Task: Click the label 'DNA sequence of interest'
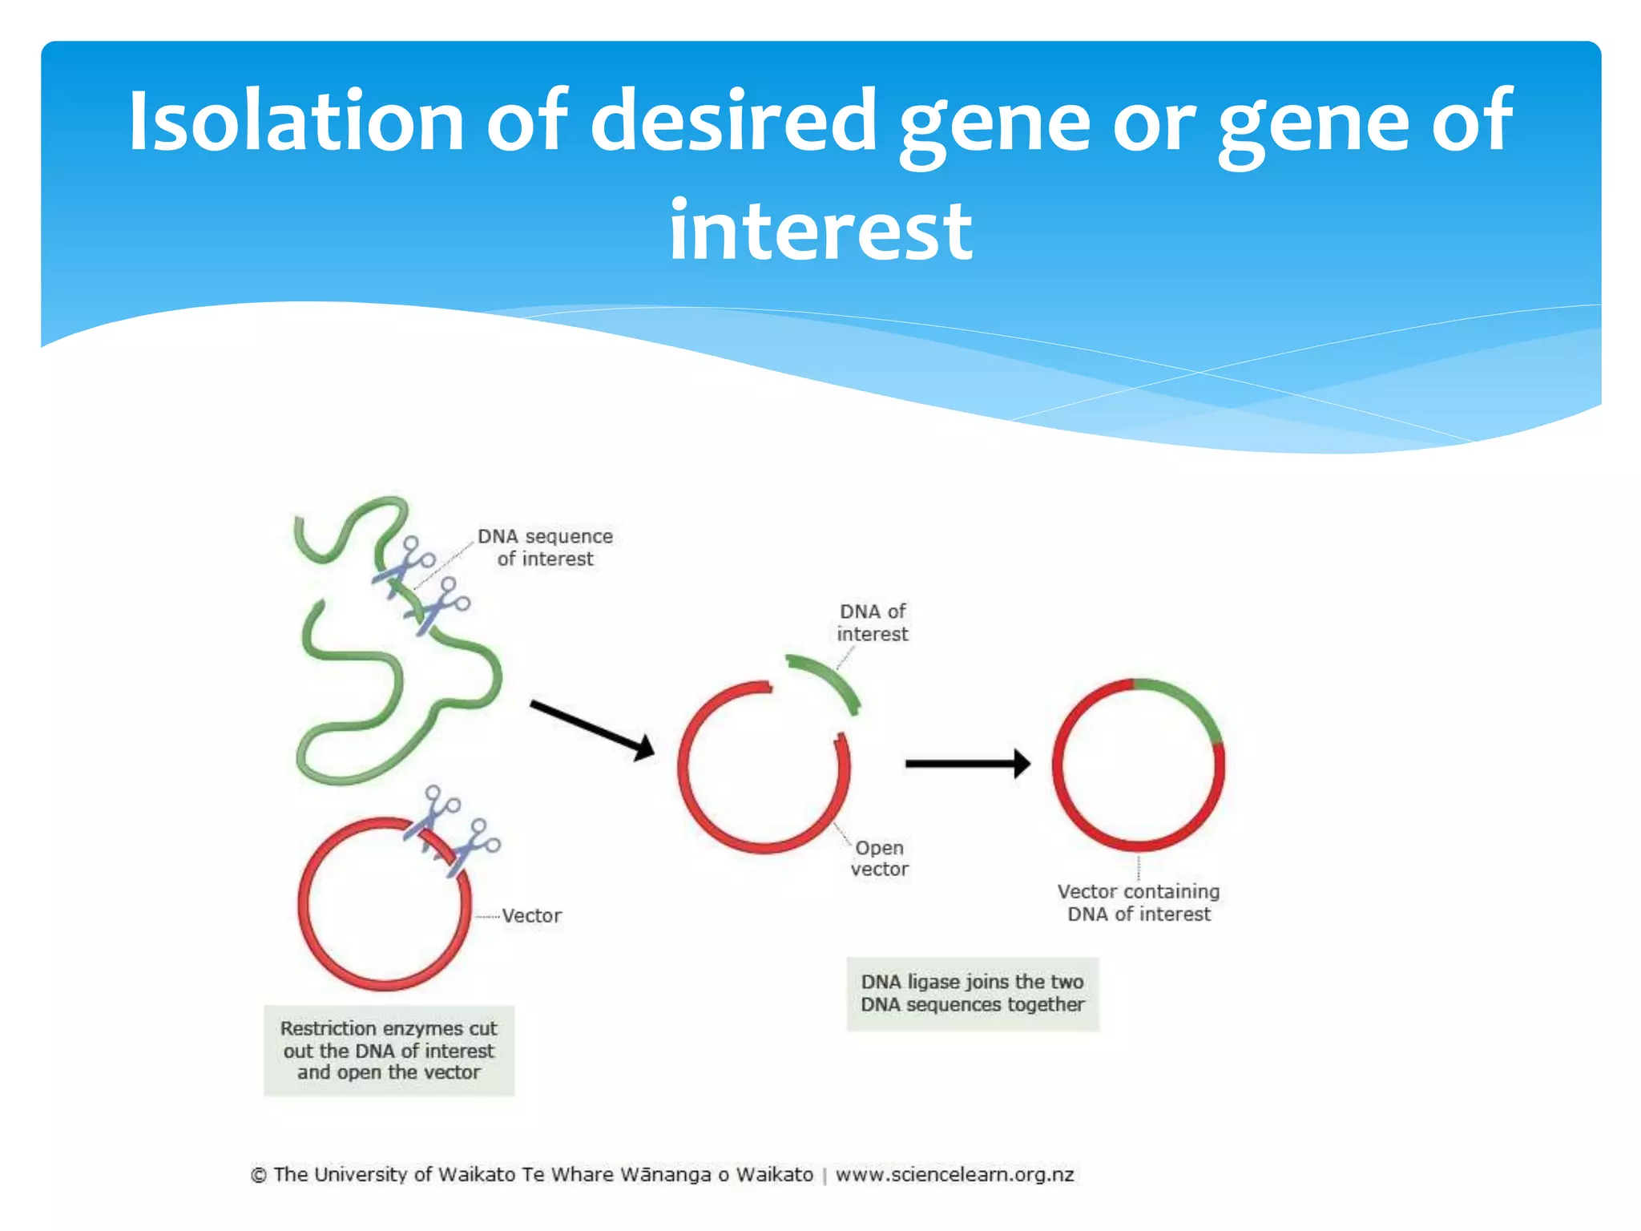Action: [x=545, y=547]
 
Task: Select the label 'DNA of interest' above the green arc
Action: [x=872, y=623]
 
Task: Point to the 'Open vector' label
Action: [x=879, y=858]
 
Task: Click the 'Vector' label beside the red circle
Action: [x=531, y=915]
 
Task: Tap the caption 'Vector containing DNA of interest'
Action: [x=1139, y=902]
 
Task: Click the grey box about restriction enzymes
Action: [x=389, y=1050]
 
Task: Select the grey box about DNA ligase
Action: [x=972, y=993]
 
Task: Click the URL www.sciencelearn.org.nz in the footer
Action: [x=954, y=1175]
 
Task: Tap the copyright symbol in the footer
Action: [x=259, y=1176]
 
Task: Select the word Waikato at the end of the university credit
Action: [x=774, y=1175]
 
